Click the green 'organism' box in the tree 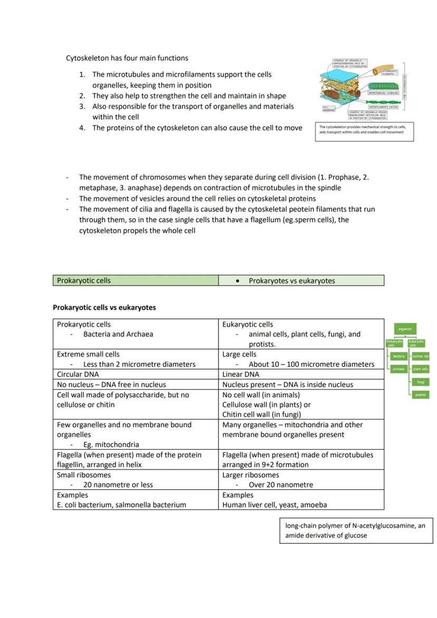tap(405, 329)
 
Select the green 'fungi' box tap(421, 382)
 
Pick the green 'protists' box tap(421, 395)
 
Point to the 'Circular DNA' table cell tap(78, 374)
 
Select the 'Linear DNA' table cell tap(241, 374)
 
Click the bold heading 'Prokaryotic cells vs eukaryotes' tap(104, 307)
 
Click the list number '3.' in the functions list tap(83, 106)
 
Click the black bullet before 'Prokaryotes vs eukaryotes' tap(237, 281)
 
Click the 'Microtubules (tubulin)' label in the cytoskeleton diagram tap(383, 92)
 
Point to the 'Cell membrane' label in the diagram tap(329, 108)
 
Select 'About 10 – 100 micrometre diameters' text tap(311, 364)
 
